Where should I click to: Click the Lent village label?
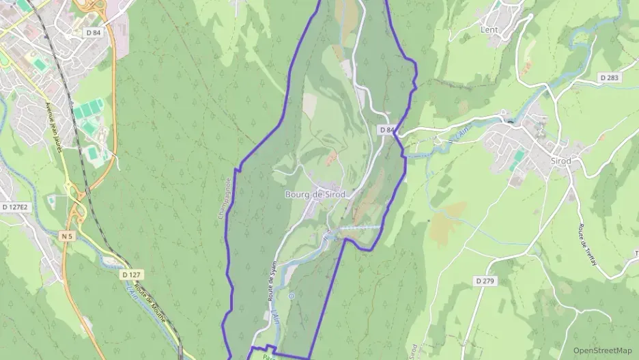coord(489,30)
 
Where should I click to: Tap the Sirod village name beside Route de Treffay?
coord(560,161)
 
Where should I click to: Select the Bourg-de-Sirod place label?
coord(315,195)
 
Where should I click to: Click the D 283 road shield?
coord(610,78)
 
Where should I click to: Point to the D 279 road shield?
coord(484,281)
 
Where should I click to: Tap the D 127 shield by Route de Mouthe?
coord(132,275)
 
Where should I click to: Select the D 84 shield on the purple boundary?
coord(386,130)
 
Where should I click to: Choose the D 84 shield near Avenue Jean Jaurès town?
coord(94,32)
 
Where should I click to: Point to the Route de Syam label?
coord(271,282)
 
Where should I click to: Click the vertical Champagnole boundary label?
coord(224,199)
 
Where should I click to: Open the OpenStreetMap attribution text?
coord(602,350)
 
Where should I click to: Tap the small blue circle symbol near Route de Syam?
coord(291,296)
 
